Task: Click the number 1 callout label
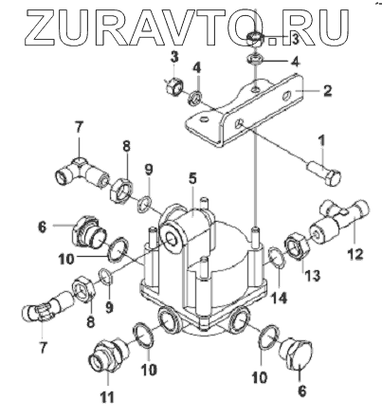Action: tap(321, 141)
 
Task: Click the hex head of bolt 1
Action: tap(335, 178)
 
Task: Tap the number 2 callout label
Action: tap(327, 91)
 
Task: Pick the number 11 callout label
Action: tap(107, 397)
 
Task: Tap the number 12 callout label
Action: tap(355, 254)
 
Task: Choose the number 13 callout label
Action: tap(312, 275)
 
